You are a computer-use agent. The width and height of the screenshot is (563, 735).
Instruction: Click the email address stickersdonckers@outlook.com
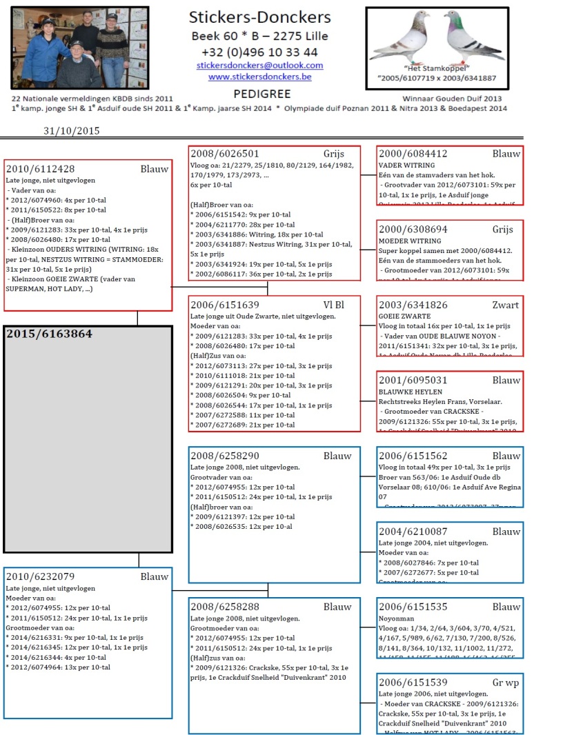[259, 66]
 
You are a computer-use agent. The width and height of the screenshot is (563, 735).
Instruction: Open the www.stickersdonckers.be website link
[259, 77]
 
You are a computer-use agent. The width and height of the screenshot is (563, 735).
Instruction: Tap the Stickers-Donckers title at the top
[259, 18]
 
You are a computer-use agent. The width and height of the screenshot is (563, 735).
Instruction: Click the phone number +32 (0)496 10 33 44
[259, 52]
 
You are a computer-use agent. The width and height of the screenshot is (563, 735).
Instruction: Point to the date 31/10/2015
[72, 130]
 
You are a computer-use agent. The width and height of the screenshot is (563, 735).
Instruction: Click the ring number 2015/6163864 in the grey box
[49, 334]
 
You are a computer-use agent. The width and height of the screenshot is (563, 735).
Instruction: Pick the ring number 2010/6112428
[40, 169]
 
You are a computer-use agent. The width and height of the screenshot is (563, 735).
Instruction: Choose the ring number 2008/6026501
[224, 154]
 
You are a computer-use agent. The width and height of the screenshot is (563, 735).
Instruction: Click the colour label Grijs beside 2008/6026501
[333, 154]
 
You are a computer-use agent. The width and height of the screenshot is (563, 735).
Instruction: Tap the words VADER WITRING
[407, 165]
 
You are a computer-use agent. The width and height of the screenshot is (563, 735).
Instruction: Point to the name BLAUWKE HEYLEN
[411, 392]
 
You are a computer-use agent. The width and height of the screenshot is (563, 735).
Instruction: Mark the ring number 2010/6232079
[40, 577]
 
